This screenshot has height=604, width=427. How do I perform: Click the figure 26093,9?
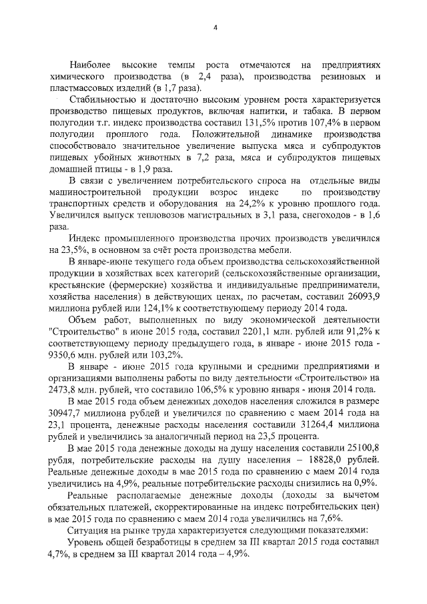point(363,296)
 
